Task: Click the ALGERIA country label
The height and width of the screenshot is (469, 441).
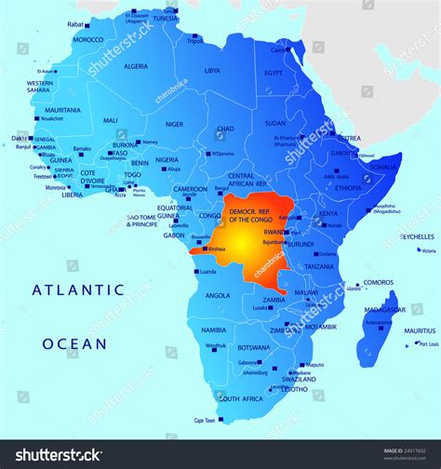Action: pos(136,66)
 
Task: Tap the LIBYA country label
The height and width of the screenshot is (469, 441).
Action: pos(212,71)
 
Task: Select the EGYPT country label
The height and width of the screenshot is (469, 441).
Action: pos(273,73)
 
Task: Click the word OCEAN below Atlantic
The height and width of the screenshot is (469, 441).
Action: pos(73,343)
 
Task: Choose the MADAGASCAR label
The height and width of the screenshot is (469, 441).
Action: pos(382,309)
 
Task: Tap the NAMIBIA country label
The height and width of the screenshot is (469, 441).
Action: pos(213,329)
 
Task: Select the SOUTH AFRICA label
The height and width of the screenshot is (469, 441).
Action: pos(239,398)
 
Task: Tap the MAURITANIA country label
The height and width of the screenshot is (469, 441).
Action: pos(62,110)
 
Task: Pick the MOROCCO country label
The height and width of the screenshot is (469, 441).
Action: pos(88,40)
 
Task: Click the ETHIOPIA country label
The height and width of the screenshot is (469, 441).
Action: pos(348,187)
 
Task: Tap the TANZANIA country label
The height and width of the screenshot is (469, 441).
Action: pos(317,266)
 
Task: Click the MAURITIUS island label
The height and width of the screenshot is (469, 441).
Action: pos(421,330)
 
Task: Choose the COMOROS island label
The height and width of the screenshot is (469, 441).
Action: pos(378,282)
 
